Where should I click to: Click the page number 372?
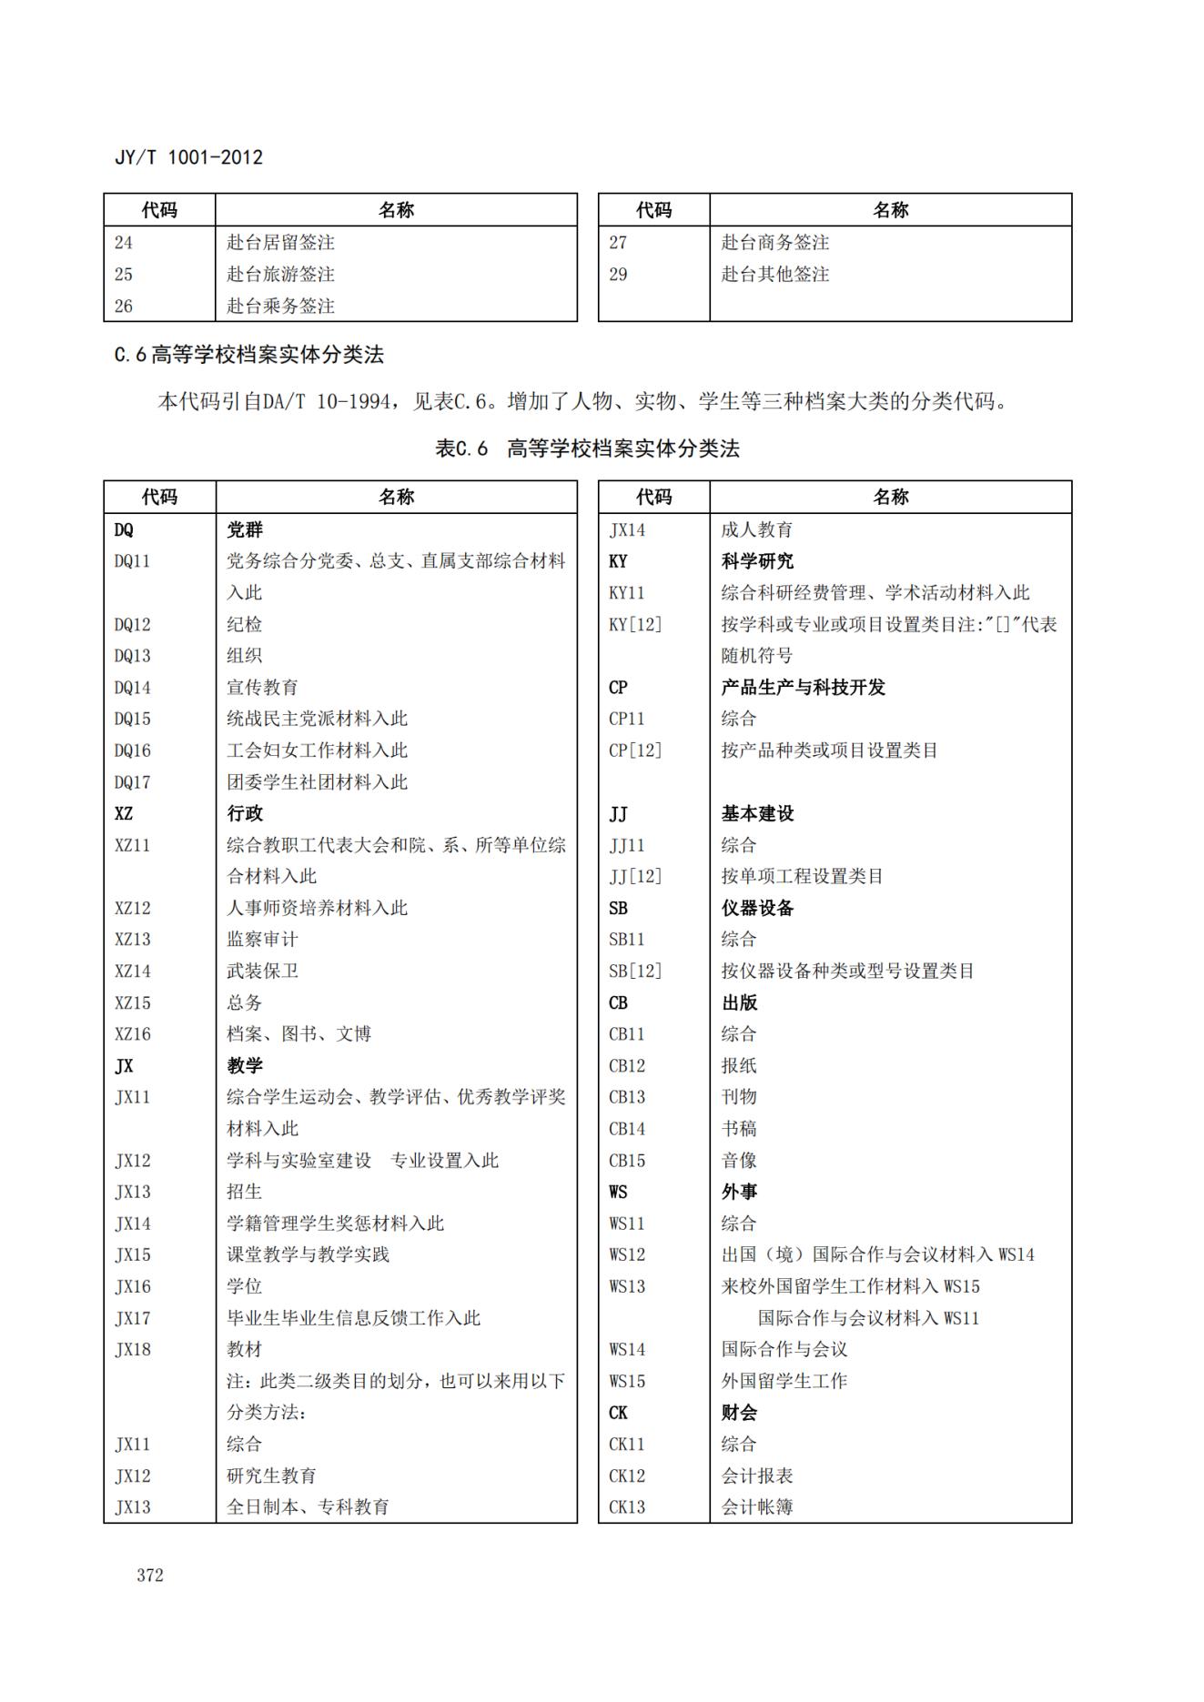[x=150, y=1575]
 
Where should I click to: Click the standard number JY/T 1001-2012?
[x=188, y=157]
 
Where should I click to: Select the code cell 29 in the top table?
[x=618, y=274]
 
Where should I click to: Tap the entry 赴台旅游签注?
[x=280, y=274]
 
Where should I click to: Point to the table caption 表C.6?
[x=461, y=448]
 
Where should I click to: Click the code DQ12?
[x=133, y=624]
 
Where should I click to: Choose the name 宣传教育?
[x=262, y=687]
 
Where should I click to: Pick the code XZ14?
[x=133, y=971]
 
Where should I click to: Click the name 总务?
[x=244, y=1002]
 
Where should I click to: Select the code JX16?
[x=133, y=1286]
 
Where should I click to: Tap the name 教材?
[x=244, y=1349]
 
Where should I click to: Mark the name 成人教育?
[x=756, y=529]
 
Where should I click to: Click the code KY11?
[x=627, y=593]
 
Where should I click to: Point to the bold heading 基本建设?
[x=757, y=813]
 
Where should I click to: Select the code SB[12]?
[x=635, y=971]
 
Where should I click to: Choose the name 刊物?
[x=739, y=1097]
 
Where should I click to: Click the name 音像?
[x=739, y=1160]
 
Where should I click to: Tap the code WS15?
[x=627, y=1381]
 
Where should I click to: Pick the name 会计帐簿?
[x=756, y=1506]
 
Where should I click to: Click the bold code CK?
[x=618, y=1412]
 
